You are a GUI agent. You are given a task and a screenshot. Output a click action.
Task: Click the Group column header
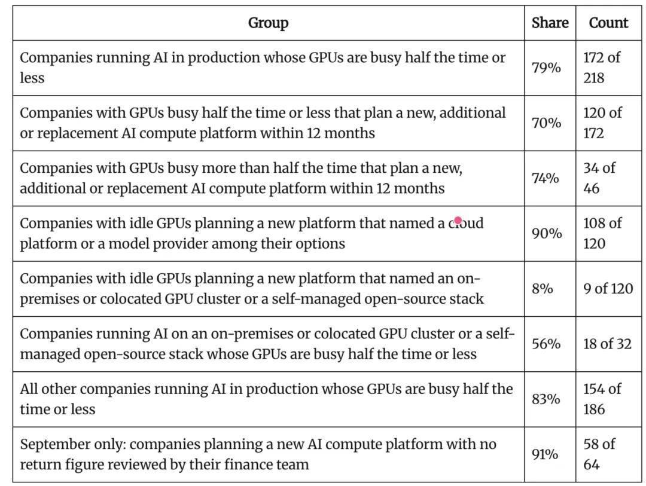click(x=268, y=23)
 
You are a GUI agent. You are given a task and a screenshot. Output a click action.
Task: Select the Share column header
click(x=550, y=23)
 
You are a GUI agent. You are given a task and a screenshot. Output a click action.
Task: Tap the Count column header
click(x=608, y=23)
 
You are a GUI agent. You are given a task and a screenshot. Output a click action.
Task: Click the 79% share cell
click(x=546, y=68)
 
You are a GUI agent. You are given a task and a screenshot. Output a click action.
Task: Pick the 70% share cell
click(x=546, y=123)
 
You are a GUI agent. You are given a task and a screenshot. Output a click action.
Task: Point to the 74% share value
click(x=546, y=178)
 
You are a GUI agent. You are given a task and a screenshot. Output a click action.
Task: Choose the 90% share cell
click(x=547, y=233)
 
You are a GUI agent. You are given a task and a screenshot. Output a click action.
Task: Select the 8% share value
click(x=542, y=288)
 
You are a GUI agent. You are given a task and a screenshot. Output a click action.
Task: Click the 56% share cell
click(x=546, y=344)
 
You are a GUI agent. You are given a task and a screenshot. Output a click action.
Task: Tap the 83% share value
click(x=546, y=399)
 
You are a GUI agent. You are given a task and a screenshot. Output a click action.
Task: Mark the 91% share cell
click(x=545, y=454)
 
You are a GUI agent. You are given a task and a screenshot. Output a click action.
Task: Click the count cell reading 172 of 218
click(x=602, y=68)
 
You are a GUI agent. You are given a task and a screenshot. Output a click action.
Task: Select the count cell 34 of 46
click(x=599, y=178)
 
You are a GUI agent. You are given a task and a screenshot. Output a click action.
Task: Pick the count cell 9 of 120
click(x=608, y=288)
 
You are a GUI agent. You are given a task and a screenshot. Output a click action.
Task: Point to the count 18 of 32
click(x=607, y=344)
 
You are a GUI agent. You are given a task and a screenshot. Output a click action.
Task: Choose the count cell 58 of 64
click(x=599, y=454)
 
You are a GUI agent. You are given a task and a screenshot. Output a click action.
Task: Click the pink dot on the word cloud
click(x=458, y=221)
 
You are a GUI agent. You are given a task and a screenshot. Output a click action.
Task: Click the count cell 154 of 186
click(x=602, y=399)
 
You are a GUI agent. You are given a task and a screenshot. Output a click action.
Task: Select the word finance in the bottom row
click(x=241, y=464)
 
